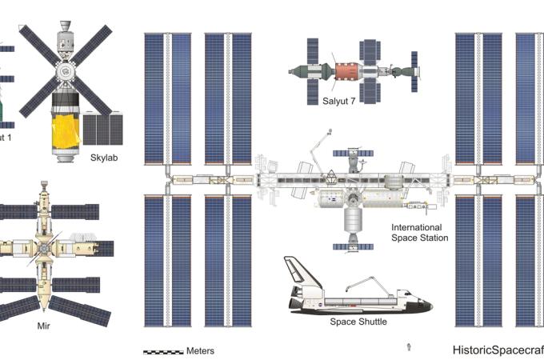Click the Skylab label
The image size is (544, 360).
(104, 158)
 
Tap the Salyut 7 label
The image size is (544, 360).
(338, 101)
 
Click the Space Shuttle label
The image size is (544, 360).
(358, 322)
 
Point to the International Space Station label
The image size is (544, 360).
(418, 233)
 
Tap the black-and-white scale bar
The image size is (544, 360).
(162, 351)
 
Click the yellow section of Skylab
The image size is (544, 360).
(65, 132)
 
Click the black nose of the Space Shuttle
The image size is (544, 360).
(426, 306)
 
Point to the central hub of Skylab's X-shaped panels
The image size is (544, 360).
(65, 70)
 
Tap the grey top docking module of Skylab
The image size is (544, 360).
(64, 35)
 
